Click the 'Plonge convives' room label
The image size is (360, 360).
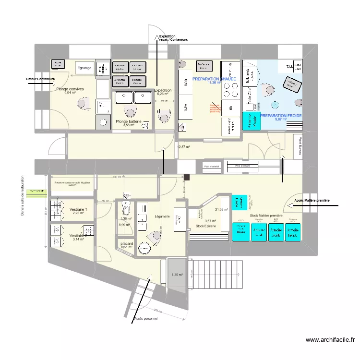point(70,89)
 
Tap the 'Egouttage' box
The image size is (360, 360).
point(84,68)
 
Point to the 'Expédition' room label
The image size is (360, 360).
point(163,90)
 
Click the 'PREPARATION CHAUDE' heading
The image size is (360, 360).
point(214,79)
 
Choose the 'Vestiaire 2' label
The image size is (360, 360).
point(78,236)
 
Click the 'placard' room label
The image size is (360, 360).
point(127,244)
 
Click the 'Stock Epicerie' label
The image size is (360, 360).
point(207,226)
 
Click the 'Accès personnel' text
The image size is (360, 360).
point(146,318)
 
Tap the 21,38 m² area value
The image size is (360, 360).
point(222,209)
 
